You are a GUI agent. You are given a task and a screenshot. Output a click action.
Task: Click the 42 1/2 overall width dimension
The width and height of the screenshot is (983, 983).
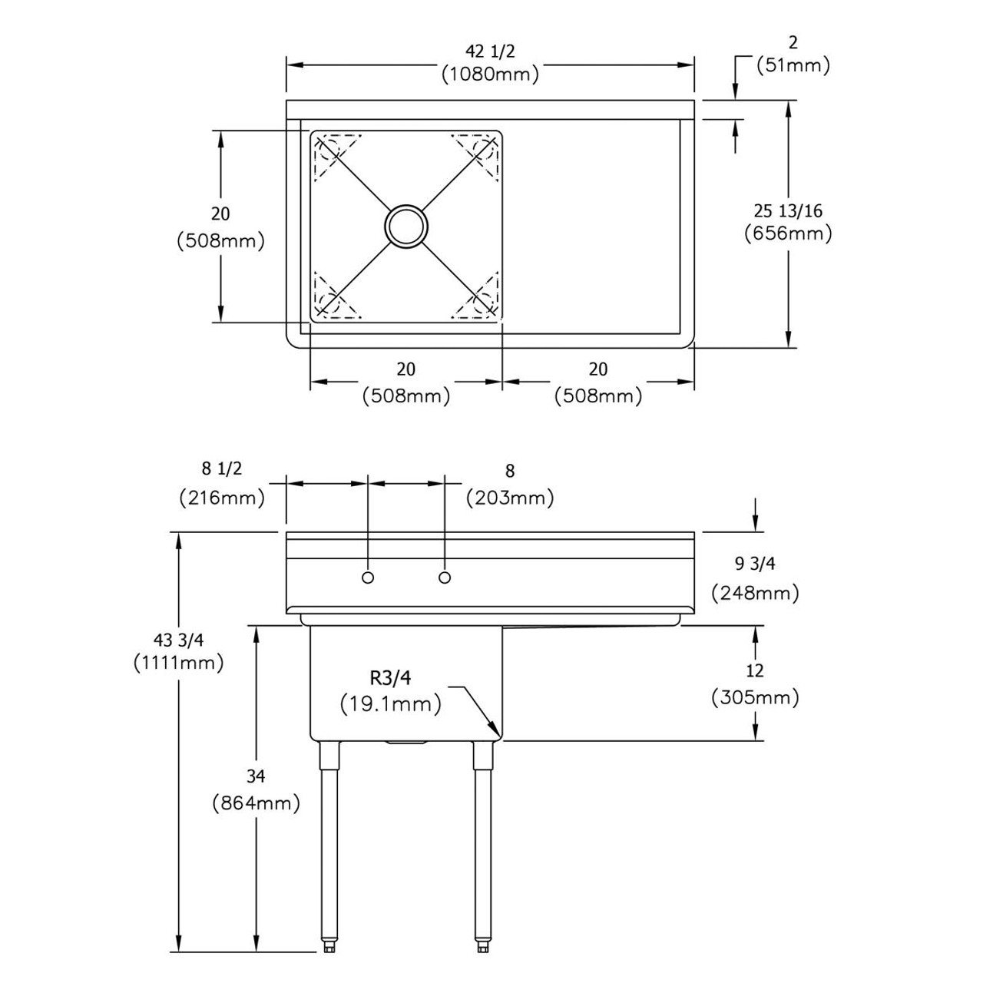pyautogui.click(x=490, y=51)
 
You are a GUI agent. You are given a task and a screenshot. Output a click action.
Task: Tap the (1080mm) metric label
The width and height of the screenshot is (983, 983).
pyautogui.click(x=490, y=74)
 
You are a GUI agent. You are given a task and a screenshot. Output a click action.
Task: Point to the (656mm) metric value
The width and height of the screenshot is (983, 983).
pyautogui.click(x=788, y=233)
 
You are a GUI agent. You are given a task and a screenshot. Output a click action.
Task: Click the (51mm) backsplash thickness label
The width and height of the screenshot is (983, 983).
pyautogui.click(x=793, y=66)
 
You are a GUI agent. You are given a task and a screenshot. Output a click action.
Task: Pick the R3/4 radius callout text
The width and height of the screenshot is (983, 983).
pyautogui.click(x=391, y=677)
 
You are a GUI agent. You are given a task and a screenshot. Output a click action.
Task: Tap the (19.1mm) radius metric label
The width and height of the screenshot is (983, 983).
pyautogui.click(x=391, y=703)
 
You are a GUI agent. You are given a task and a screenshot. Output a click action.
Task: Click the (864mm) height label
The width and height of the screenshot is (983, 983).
pyautogui.click(x=256, y=803)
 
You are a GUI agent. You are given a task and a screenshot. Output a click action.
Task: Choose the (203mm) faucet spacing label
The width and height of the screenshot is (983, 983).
pyautogui.click(x=510, y=498)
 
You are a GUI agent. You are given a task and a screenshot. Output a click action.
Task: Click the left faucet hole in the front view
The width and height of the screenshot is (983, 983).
pyautogui.click(x=368, y=577)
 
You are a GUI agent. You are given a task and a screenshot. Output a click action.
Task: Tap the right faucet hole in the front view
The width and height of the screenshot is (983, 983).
pyautogui.click(x=444, y=577)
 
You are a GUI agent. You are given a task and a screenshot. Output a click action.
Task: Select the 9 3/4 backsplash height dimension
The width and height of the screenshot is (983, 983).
pyautogui.click(x=755, y=564)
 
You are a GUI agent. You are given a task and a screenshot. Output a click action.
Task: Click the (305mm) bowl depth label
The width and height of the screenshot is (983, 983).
pyautogui.click(x=755, y=697)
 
